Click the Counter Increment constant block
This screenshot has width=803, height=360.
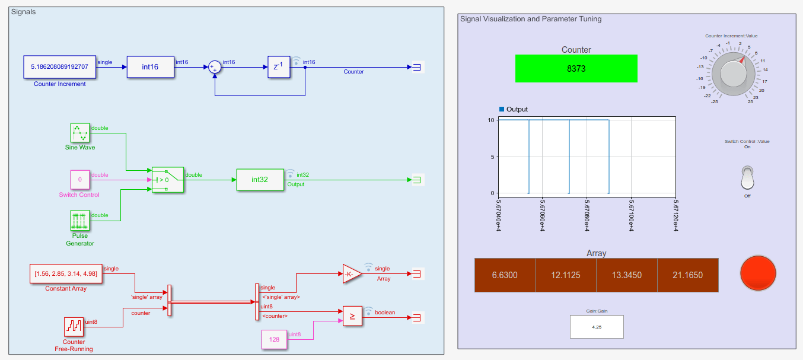(59, 67)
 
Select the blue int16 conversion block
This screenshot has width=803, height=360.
(151, 67)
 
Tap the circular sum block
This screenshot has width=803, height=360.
(215, 67)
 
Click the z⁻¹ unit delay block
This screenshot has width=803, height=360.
(279, 67)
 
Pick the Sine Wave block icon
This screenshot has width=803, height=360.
(80, 133)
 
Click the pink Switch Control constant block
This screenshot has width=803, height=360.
(80, 179)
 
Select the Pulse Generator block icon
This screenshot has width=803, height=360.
(80, 221)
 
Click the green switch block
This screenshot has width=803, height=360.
(168, 180)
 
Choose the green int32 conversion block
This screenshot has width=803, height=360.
(260, 180)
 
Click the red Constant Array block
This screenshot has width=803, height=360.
(66, 273)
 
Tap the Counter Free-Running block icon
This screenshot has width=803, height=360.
(74, 327)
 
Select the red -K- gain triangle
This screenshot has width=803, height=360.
(351, 274)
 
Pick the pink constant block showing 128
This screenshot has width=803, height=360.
(274, 340)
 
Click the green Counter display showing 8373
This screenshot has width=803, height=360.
(576, 68)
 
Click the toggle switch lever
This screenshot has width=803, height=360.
(747, 177)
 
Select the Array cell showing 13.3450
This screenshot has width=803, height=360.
(626, 275)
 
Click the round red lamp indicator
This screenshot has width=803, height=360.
(758, 273)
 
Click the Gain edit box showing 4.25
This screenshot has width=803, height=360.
(596, 327)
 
